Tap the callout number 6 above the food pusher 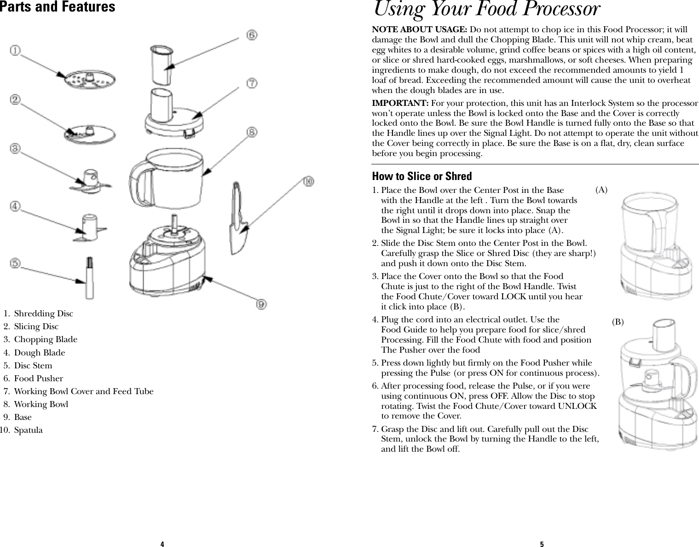click(251, 35)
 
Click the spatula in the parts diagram click(240, 221)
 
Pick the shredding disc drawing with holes click(90, 80)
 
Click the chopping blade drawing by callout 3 click(91, 180)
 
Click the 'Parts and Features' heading click(58, 7)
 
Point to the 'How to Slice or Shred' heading click(422, 176)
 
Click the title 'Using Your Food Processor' click(487, 9)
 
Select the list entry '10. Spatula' click(22, 430)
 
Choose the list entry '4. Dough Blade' click(34, 353)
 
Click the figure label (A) click(601, 190)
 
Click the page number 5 click(542, 544)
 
